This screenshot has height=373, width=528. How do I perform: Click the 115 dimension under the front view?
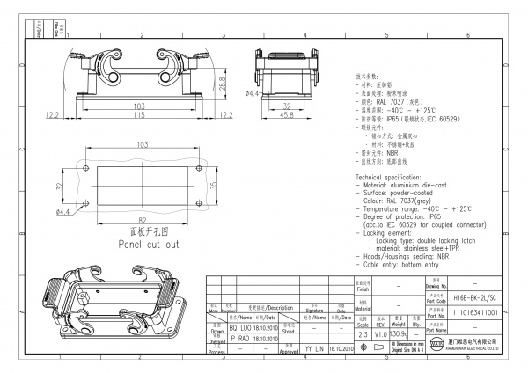pyautogui.click(x=138, y=115)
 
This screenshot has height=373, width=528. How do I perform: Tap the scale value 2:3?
pyautogui.click(x=363, y=334)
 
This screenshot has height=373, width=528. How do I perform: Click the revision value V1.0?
pyautogui.click(x=381, y=334)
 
